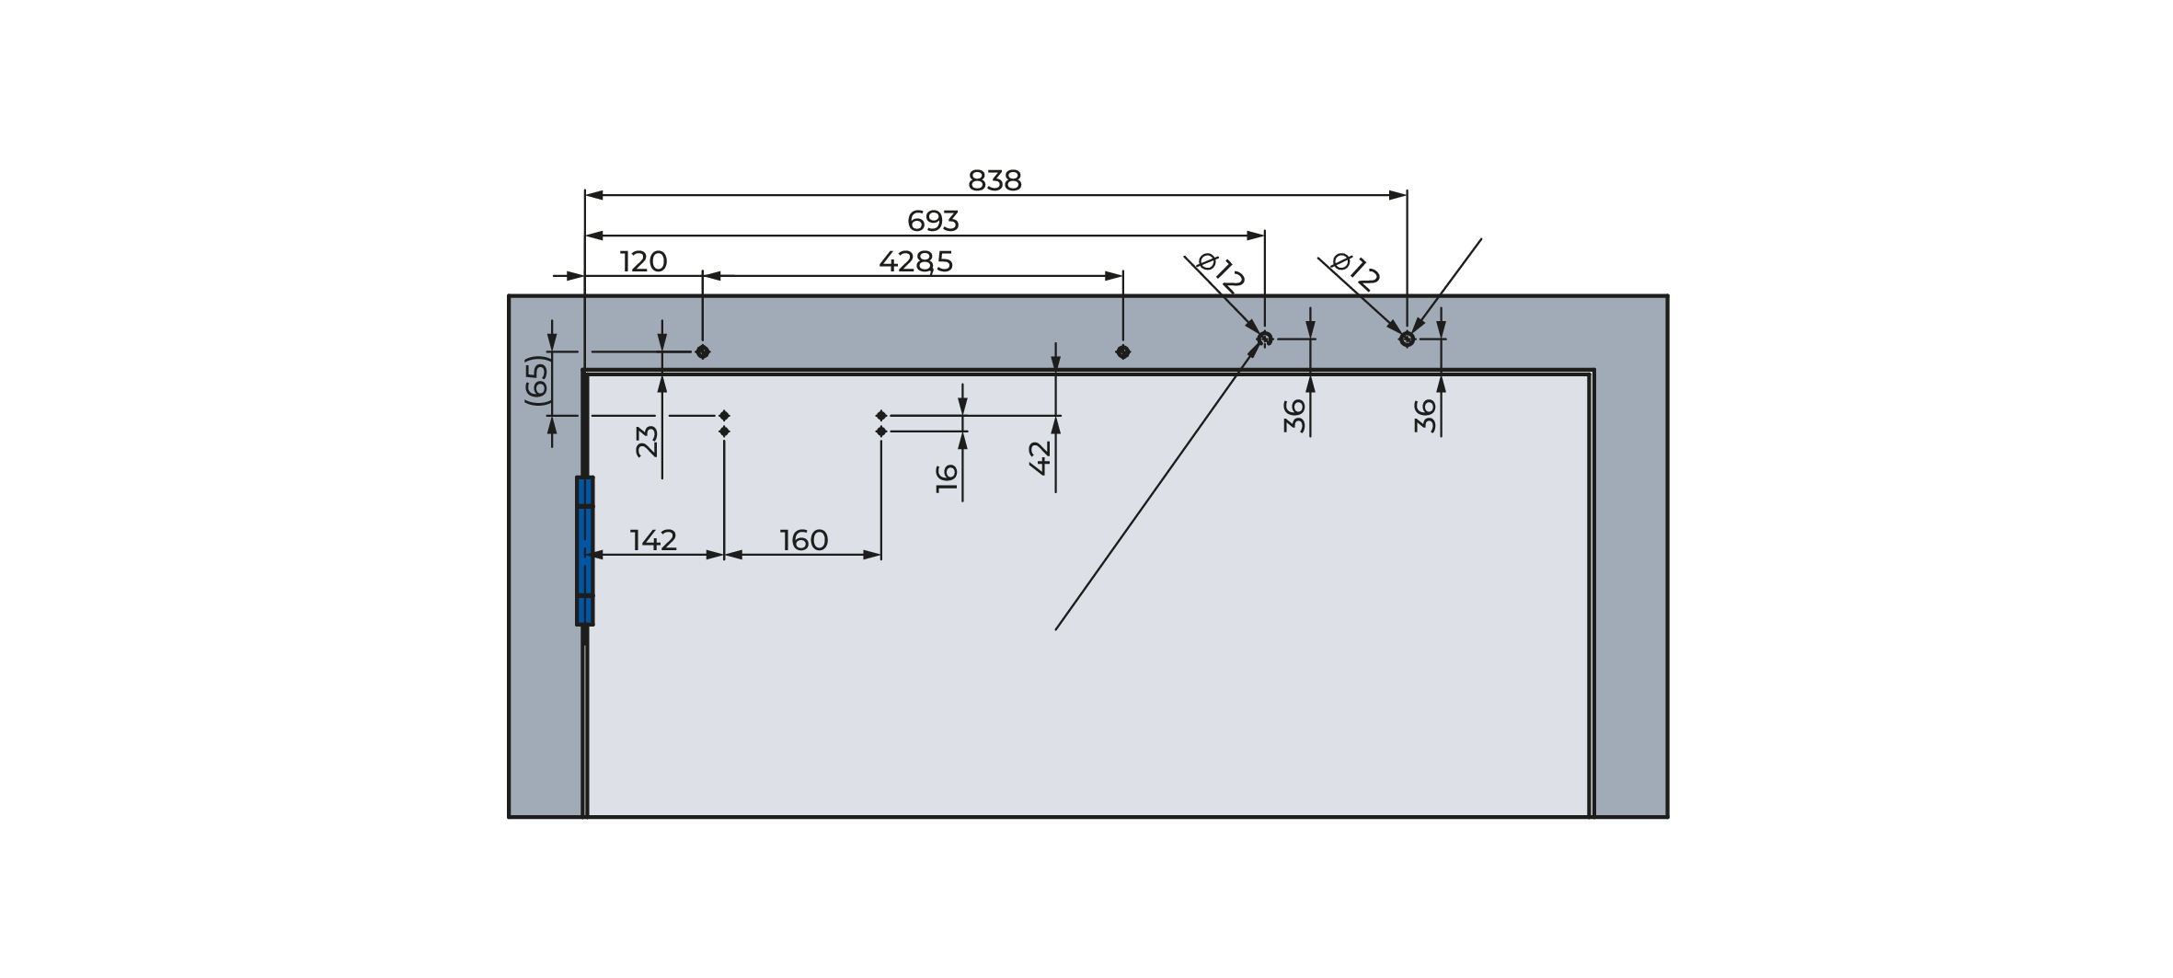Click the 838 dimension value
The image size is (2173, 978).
tap(995, 180)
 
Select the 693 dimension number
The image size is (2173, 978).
tap(933, 221)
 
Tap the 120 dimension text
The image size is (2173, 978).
tap(643, 261)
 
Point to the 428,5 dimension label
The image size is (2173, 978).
tap(915, 262)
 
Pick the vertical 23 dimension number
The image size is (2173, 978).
tap(648, 441)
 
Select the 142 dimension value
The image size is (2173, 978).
tap(653, 540)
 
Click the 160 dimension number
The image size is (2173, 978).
tap(804, 540)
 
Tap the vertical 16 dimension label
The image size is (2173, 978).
tap(947, 477)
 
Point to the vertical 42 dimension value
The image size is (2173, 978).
tap(1040, 457)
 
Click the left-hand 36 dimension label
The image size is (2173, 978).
tap(1294, 415)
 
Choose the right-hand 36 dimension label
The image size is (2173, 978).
tap(1425, 415)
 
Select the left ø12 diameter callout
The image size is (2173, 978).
tap(1222, 273)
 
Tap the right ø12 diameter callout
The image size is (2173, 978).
tap(1356, 272)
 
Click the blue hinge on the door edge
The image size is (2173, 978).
tap(584, 550)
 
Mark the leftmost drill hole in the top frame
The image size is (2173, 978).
tap(703, 351)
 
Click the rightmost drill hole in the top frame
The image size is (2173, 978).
tap(1407, 339)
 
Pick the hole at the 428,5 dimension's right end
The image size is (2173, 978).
tap(1122, 351)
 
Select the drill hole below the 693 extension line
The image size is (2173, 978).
tap(1265, 339)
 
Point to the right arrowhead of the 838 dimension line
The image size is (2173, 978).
tap(1397, 195)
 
